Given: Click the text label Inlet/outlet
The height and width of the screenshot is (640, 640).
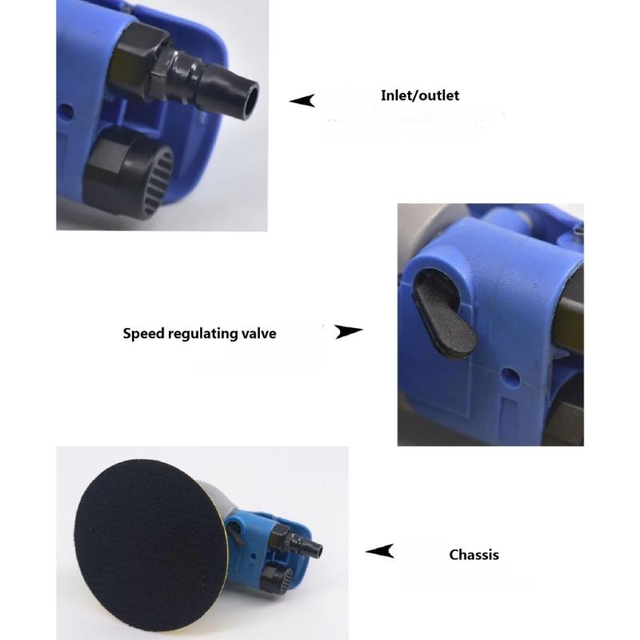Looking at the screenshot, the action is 420,95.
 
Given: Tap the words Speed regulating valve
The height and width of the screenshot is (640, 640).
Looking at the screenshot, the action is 199,334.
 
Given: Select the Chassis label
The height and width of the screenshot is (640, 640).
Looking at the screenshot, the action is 474,554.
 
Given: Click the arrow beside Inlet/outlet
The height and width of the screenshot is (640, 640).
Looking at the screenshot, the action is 302,101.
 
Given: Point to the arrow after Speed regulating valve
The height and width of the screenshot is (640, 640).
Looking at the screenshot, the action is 348,331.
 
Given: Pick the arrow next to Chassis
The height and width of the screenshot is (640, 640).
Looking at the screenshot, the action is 379,551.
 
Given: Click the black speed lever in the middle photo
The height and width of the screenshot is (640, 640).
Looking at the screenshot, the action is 444,318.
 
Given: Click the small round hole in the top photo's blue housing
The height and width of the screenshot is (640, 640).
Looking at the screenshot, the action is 66,110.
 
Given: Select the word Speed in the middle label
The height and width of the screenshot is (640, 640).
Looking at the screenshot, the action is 143,334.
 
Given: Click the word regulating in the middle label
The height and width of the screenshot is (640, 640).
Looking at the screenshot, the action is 203,334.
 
